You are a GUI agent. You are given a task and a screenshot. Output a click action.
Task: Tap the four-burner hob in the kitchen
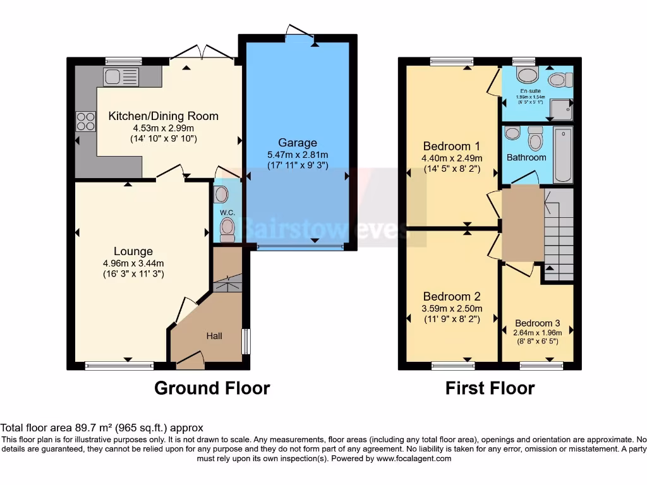tap(85, 121)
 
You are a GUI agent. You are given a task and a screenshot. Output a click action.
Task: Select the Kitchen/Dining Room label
tap(163, 116)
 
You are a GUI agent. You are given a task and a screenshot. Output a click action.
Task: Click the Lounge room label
tap(133, 251)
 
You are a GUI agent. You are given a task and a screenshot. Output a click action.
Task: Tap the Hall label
tap(214, 336)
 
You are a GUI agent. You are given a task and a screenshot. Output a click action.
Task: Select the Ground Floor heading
tap(212, 388)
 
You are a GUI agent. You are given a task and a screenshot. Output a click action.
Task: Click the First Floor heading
tap(490, 388)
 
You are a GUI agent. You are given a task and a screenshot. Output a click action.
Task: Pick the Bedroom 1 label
tap(447, 146)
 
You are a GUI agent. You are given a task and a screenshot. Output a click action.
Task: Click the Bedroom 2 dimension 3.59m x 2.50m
tap(452, 308)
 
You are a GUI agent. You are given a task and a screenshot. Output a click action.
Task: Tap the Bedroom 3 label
tap(537, 323)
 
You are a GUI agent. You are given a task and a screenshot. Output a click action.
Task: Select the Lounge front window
tap(119, 365)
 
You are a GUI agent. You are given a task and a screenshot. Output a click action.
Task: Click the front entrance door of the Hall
tap(190, 361)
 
